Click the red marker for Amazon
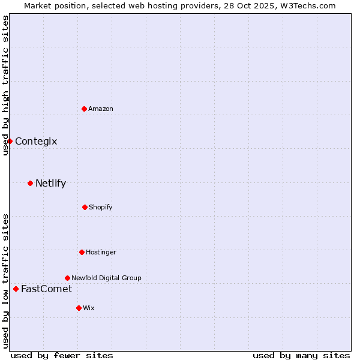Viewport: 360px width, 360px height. pyautogui.click(x=85, y=109)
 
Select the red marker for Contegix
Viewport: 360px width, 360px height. pyautogui.click(x=10, y=141)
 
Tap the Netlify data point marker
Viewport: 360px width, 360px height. pyautogui.click(x=30, y=183)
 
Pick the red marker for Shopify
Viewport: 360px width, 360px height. pyautogui.click(x=85, y=207)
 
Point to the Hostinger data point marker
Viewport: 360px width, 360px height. pyautogui.click(x=82, y=252)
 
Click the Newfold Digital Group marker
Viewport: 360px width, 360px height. pyautogui.click(x=67, y=278)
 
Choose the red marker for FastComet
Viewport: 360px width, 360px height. pyautogui.click(x=16, y=289)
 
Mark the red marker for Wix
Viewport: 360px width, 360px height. pyautogui.click(x=79, y=308)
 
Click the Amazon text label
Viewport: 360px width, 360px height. pyautogui.click(x=101, y=109)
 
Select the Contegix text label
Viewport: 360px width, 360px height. pyautogui.click(x=36, y=142)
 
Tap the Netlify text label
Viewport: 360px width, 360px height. pyautogui.click(x=50, y=184)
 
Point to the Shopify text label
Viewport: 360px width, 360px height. pyautogui.click(x=101, y=207)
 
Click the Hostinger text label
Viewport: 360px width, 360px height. pyautogui.click(x=101, y=252)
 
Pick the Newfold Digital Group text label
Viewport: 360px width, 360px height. pyautogui.click(x=106, y=278)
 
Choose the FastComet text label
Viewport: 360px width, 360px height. pyautogui.click(x=46, y=289)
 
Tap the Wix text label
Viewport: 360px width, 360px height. pyautogui.click(x=89, y=308)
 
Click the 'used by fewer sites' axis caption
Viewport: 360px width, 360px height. pyautogui.click(x=62, y=355)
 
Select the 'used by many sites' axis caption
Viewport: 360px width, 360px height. pyautogui.click(x=301, y=355)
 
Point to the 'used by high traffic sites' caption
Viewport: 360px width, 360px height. pyautogui.click(x=6, y=85)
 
